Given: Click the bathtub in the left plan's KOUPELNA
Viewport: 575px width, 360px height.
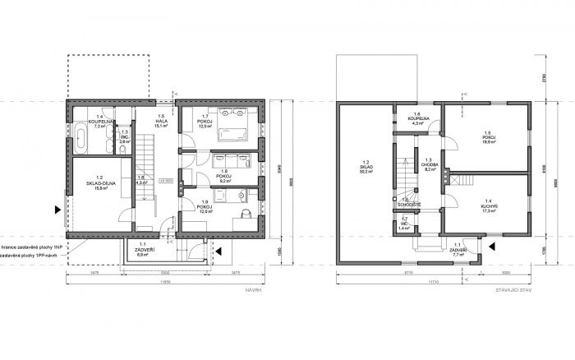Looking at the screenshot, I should tap(80, 138).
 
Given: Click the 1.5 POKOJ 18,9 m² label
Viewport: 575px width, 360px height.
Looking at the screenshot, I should tap(488, 137).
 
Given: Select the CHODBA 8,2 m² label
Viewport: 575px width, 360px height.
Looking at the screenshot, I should tap(429, 164).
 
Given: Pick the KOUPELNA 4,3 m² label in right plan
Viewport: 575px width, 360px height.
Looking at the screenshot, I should tap(416, 119).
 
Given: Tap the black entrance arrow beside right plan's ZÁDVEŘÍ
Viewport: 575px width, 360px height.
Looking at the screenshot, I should tap(492, 244).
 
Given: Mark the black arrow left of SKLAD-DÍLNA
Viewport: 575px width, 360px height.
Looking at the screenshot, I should tap(57, 209).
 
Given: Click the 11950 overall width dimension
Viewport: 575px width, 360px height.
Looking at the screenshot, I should tap(164, 280).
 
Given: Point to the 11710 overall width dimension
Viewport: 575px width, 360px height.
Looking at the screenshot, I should tap(433, 280).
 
